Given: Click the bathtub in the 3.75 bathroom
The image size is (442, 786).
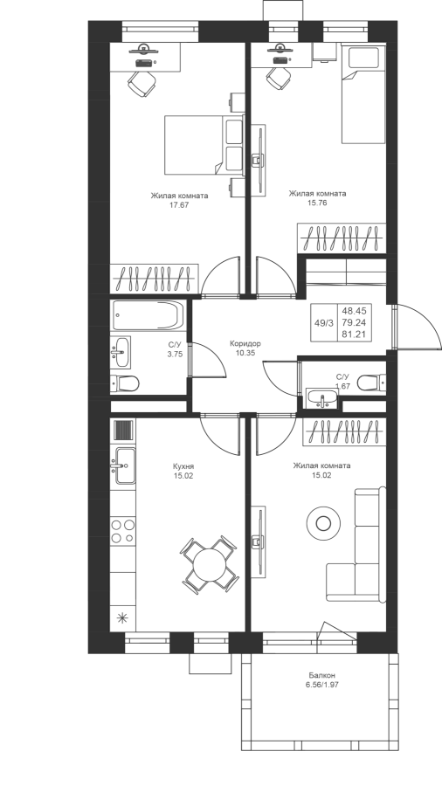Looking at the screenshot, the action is click(148, 314).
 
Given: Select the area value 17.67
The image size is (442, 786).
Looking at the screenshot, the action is click(179, 204).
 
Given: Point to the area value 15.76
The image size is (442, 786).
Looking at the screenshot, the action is click(317, 203).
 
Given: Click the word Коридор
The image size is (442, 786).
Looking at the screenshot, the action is click(245, 344).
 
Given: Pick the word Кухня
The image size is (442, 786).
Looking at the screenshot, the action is click(183, 465).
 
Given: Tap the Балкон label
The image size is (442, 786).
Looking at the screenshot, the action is click(321, 675).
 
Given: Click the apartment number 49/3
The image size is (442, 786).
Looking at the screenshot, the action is click(324, 323).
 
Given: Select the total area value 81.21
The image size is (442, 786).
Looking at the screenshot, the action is click(354, 334).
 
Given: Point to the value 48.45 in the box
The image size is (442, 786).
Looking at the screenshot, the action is click(354, 311).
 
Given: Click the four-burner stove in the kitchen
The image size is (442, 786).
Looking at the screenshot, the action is click(123, 531).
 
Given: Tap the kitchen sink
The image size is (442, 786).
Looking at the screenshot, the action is click(124, 465).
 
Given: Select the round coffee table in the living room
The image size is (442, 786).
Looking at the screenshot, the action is click(323, 524).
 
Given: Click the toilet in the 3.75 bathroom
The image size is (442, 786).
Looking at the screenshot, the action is click(125, 384).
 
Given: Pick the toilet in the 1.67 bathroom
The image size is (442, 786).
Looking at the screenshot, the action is click(371, 383).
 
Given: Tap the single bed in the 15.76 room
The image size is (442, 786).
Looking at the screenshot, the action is click(364, 94).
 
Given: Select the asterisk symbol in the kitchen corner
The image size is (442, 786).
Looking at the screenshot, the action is click(122, 618).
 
